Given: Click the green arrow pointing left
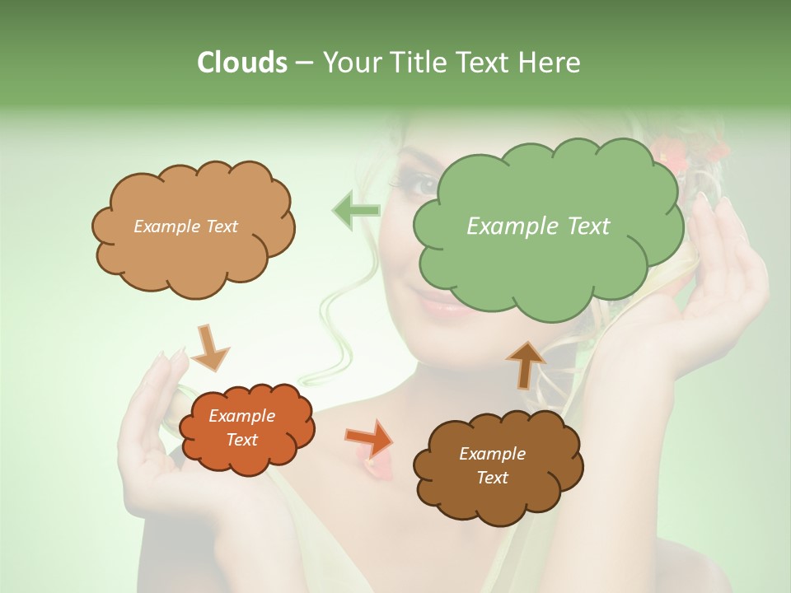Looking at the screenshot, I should click(356, 211).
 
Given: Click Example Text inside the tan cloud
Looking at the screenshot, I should click(185, 226).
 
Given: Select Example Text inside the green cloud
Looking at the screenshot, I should click(538, 226).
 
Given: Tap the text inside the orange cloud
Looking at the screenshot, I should click(242, 428).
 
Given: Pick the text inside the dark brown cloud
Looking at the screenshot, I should click(492, 465).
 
